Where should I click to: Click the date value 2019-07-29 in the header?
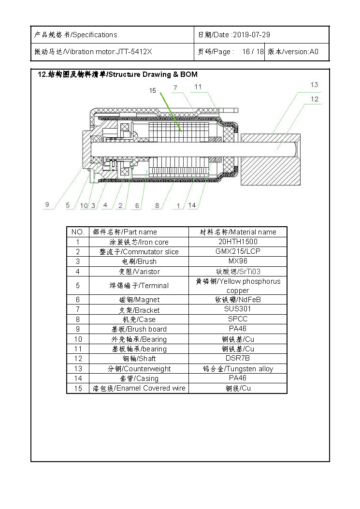click(252, 35)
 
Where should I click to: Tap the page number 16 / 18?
click(253, 52)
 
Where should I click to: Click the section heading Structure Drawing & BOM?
click(153, 74)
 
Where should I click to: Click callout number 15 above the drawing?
click(153, 90)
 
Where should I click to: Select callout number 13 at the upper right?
click(314, 85)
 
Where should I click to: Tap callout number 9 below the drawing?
click(47, 204)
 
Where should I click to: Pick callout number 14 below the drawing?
click(192, 205)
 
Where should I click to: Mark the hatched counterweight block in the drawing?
click(271, 160)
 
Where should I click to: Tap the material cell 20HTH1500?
click(238, 242)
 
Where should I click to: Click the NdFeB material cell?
click(238, 300)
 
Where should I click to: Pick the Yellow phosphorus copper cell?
click(238, 286)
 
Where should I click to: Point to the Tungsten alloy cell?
click(238, 369)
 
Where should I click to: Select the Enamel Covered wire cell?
click(139, 388)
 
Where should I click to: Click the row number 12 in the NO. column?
click(78, 359)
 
